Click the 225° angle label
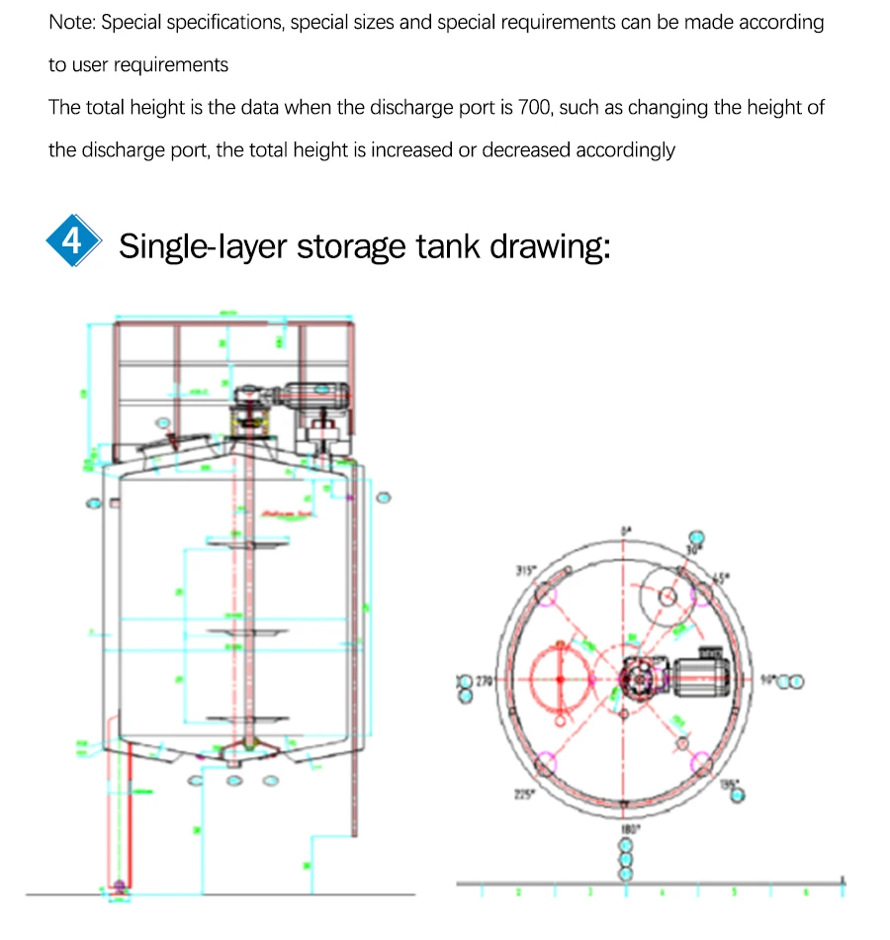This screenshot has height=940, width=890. (524, 793)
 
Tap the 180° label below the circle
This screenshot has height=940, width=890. (626, 829)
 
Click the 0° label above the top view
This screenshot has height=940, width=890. (625, 531)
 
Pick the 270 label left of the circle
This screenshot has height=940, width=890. (484, 682)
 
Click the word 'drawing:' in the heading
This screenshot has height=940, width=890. (551, 245)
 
